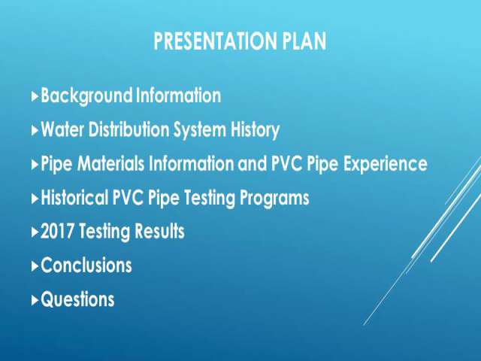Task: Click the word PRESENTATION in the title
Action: [215, 41]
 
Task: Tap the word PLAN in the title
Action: [304, 41]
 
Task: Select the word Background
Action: [86, 96]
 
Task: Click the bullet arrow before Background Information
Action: [35, 96]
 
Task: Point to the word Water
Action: [62, 129]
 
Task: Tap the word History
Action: [255, 130]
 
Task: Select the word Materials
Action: [110, 163]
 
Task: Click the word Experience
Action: [386, 164]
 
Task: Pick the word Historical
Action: [74, 197]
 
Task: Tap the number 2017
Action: [57, 232]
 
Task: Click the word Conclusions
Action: [86, 265]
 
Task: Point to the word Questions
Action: [77, 299]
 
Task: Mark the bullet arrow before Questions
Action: [35, 300]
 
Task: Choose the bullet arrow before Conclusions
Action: [35, 265]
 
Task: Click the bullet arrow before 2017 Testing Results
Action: [35, 232]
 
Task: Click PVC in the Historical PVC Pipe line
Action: [128, 197]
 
